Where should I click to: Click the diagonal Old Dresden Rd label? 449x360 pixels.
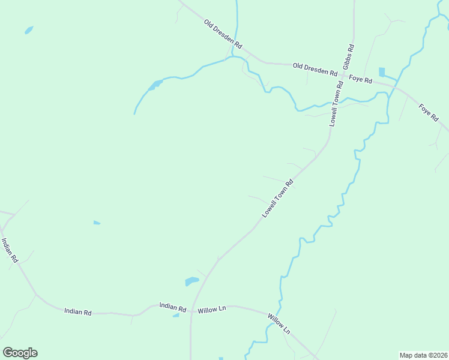223,34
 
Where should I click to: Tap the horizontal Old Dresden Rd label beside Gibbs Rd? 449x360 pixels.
315,69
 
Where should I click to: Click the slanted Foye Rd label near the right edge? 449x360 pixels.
429,113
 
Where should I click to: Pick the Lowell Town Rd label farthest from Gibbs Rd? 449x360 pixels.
277,198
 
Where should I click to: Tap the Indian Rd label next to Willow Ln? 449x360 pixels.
173,306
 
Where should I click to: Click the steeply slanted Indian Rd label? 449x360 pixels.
10,250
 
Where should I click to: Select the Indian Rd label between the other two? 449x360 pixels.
78,312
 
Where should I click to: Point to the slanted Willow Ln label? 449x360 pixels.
279,324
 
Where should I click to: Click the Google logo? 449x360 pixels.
20,353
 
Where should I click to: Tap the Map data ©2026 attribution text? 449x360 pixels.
423,355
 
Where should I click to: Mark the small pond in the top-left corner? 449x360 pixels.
28,29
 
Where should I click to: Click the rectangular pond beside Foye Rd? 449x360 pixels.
382,72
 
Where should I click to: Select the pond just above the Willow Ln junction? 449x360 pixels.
191,281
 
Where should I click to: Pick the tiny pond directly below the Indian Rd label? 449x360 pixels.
176,315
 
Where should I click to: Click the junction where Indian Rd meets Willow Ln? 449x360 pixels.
191,310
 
